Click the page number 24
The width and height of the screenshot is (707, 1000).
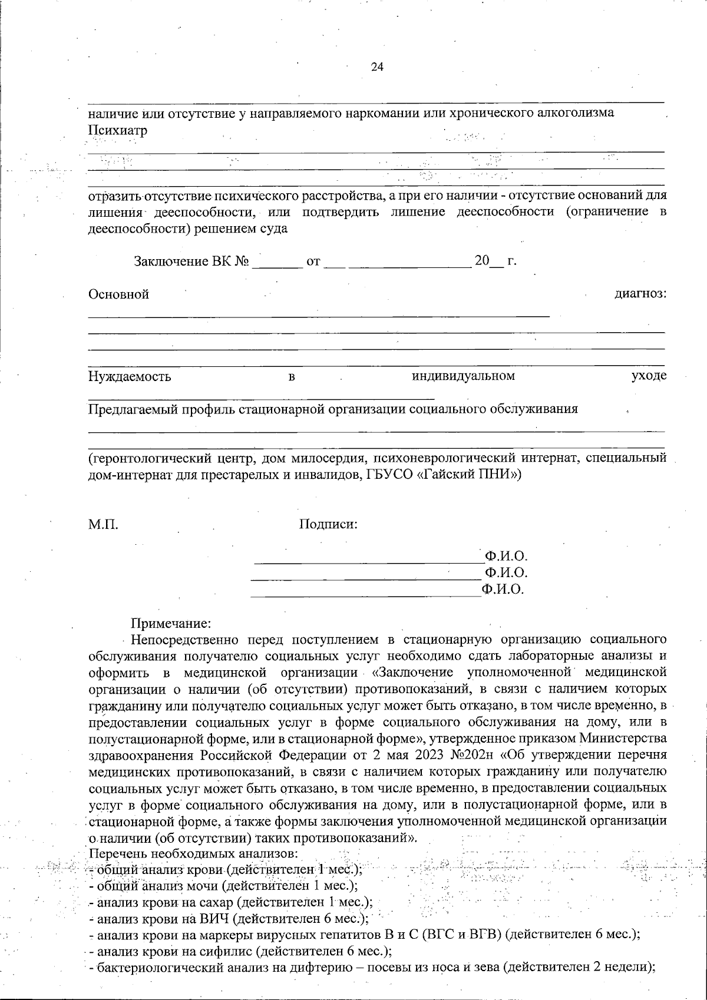pos(377,67)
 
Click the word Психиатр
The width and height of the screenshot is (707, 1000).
pos(117,130)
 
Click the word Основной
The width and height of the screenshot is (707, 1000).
pos(118,294)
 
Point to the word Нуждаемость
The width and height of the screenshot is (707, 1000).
pos(130,376)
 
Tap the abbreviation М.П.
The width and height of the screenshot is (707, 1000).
pos(103,524)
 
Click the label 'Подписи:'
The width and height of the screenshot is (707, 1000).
pos(328,524)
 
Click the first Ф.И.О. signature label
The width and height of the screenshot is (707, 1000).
pos(505,556)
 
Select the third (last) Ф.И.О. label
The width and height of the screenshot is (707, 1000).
pos(503,589)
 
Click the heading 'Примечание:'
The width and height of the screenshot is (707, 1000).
pos(170,622)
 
